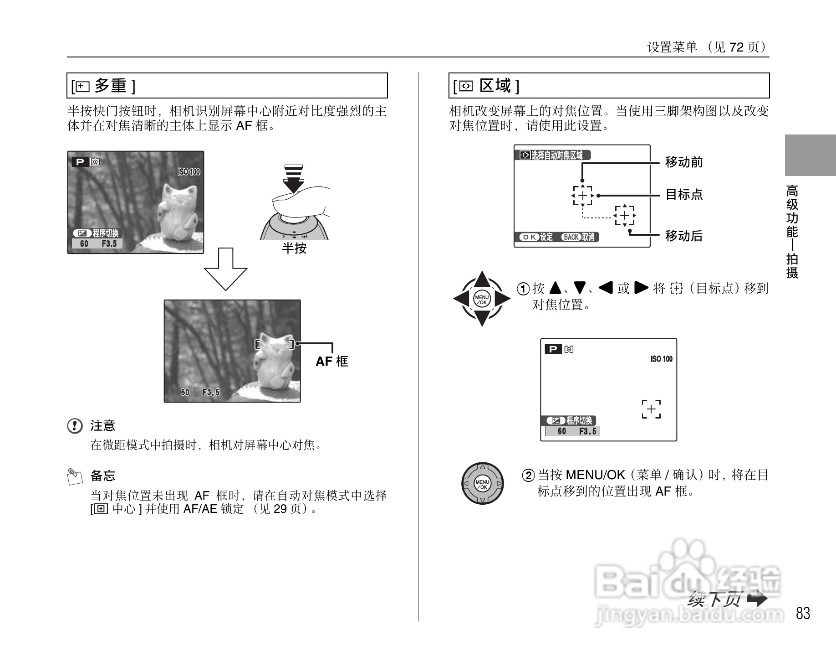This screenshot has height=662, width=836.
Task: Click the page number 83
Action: (x=803, y=613)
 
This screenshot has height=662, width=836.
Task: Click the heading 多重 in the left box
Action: (x=111, y=86)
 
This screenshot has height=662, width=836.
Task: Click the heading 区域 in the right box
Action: (x=495, y=86)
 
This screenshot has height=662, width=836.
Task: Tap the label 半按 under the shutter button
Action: (x=294, y=248)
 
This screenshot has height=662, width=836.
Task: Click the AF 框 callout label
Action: (x=331, y=362)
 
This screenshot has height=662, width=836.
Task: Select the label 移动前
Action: (x=684, y=162)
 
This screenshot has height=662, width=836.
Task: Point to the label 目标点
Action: (x=684, y=195)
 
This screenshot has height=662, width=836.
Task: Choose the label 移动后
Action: (x=684, y=236)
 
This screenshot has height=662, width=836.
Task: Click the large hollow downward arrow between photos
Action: (x=225, y=269)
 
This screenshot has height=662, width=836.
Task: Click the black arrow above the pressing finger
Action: (x=294, y=179)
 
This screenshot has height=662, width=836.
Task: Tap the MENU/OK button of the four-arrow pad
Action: (x=482, y=299)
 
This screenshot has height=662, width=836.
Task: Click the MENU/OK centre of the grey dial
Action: (x=482, y=483)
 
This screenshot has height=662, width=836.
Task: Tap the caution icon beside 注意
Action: (x=75, y=426)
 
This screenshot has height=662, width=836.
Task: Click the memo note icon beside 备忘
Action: (x=75, y=476)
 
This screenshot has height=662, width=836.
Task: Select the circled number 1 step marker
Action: (x=524, y=289)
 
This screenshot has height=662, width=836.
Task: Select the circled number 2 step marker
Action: (x=528, y=476)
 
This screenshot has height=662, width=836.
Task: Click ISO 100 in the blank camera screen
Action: (x=661, y=359)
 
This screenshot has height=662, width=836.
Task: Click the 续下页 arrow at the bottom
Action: (x=757, y=599)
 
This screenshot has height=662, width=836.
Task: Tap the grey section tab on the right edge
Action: (x=810, y=155)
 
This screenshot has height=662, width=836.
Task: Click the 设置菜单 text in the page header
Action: (x=672, y=47)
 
